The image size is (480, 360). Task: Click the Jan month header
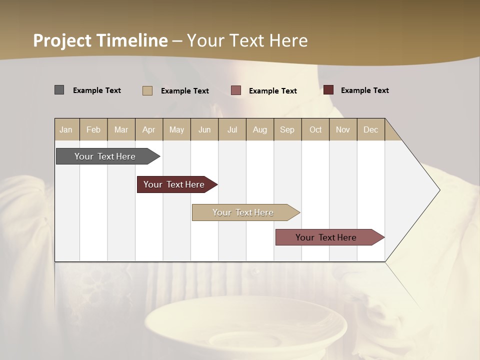tap(66, 129)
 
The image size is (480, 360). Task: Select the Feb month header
tap(93, 129)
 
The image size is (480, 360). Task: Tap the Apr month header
tap(148, 129)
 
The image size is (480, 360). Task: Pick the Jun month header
tap(204, 129)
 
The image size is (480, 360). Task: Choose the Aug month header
tap(259, 129)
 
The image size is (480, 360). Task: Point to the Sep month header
tap(287, 129)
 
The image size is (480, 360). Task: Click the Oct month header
tap(315, 129)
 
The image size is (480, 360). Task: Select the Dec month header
tap(370, 129)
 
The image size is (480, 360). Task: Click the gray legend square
tap(59, 90)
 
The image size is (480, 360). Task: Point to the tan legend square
tap(147, 90)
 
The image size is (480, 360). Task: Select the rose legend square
tap(236, 90)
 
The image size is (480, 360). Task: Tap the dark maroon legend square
tap(328, 90)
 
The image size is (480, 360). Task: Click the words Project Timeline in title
tap(100, 40)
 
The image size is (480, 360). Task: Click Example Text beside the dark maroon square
tap(364, 90)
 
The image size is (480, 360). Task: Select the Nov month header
tap(342, 129)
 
